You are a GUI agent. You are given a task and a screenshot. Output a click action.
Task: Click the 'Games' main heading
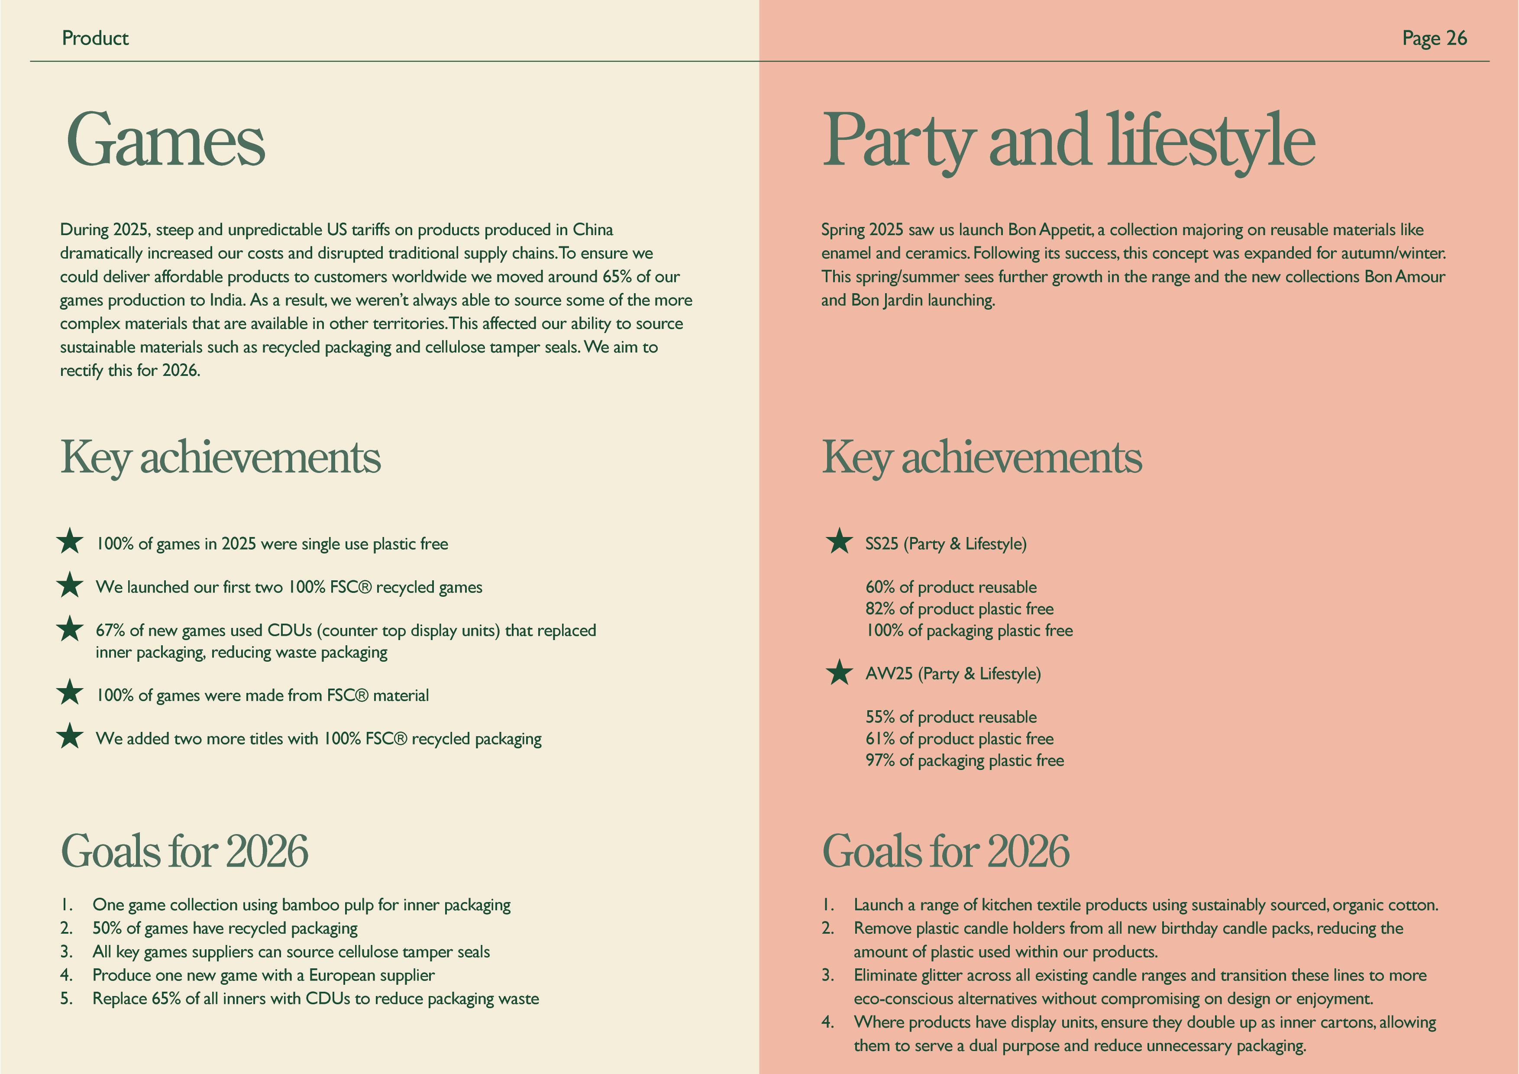(165, 140)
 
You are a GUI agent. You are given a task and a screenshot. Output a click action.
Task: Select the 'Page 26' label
(1434, 39)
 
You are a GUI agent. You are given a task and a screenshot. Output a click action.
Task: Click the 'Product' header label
(95, 39)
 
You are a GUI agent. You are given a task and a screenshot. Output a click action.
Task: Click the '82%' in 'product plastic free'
(880, 609)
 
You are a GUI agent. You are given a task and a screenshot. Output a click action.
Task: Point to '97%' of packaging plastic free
(880, 760)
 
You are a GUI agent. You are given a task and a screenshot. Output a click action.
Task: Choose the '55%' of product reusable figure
(880, 717)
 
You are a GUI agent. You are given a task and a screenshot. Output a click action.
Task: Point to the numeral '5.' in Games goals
(66, 999)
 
